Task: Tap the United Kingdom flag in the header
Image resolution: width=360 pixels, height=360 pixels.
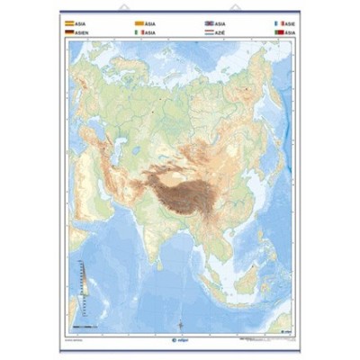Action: point(210,22)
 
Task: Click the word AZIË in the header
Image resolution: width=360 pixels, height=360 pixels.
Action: point(222,31)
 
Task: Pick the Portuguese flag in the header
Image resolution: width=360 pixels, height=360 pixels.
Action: point(279,31)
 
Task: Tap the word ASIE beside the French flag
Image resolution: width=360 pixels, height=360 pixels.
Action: point(291,22)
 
